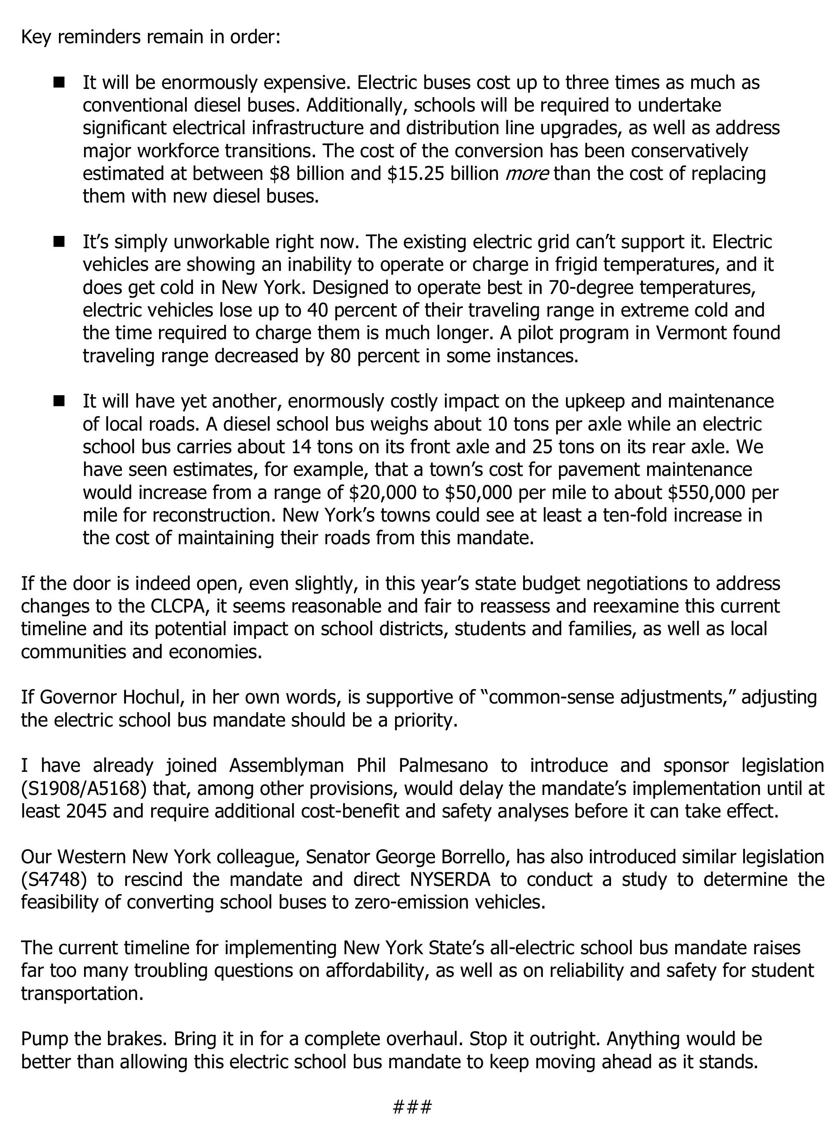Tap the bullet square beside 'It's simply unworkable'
60,242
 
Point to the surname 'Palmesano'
443,766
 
